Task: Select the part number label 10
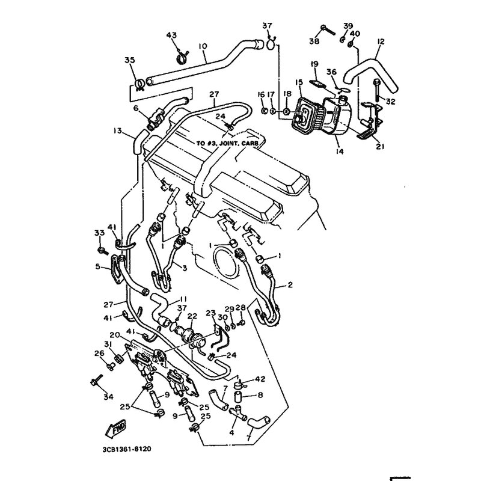point(202,46)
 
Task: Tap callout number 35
point(129,60)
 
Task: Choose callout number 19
point(314,64)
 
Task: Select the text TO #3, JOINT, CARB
point(227,144)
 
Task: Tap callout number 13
point(117,131)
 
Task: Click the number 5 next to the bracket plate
point(98,267)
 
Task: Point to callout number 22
point(192,316)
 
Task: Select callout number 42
point(260,379)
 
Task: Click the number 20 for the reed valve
point(114,335)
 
